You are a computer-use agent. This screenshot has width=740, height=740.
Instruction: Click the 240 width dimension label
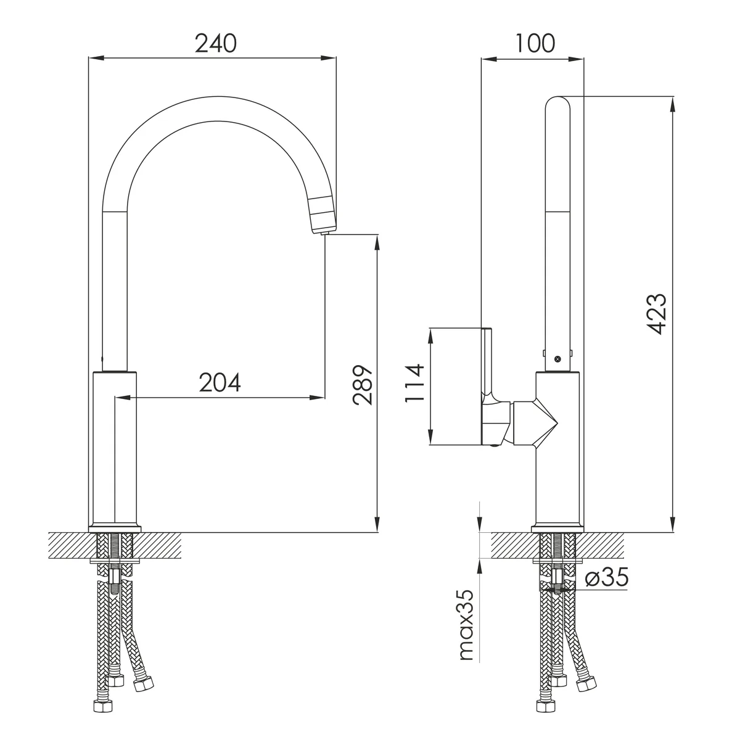[216, 43]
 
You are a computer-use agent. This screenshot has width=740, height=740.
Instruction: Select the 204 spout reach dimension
[220, 382]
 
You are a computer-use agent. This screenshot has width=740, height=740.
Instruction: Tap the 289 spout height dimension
[363, 385]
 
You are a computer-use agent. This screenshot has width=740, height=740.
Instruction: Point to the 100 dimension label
[535, 43]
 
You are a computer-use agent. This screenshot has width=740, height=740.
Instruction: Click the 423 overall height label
[656, 314]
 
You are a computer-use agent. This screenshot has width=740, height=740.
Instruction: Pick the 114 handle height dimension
[415, 383]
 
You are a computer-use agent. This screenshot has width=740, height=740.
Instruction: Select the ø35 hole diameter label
[607, 577]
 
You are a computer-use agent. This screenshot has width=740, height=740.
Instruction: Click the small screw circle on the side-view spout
[558, 359]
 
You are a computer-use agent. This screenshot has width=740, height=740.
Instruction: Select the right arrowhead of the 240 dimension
[329, 59]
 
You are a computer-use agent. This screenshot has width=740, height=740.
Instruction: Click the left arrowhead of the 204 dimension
[123, 398]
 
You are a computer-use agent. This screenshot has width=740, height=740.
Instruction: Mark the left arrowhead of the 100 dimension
[489, 59]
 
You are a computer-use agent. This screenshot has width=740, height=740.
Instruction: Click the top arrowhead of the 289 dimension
[377, 243]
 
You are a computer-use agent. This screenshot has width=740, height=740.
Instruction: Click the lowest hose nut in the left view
[103, 715]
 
